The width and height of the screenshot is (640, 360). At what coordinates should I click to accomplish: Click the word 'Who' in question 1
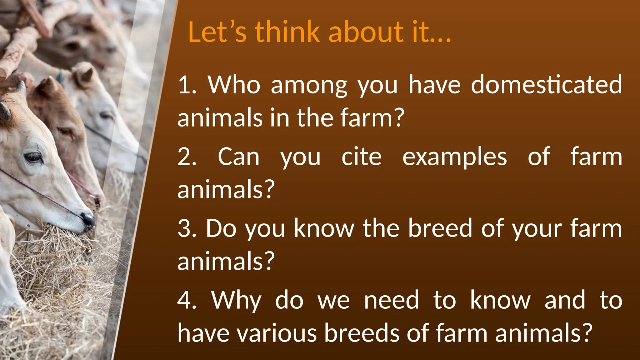[234, 85]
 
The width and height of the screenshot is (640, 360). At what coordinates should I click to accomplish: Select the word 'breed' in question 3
[440, 228]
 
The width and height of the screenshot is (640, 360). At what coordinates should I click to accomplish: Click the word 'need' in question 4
[391, 300]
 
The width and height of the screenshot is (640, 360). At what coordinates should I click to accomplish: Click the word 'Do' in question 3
[221, 228]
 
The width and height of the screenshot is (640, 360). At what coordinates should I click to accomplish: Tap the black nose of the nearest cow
[88, 219]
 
